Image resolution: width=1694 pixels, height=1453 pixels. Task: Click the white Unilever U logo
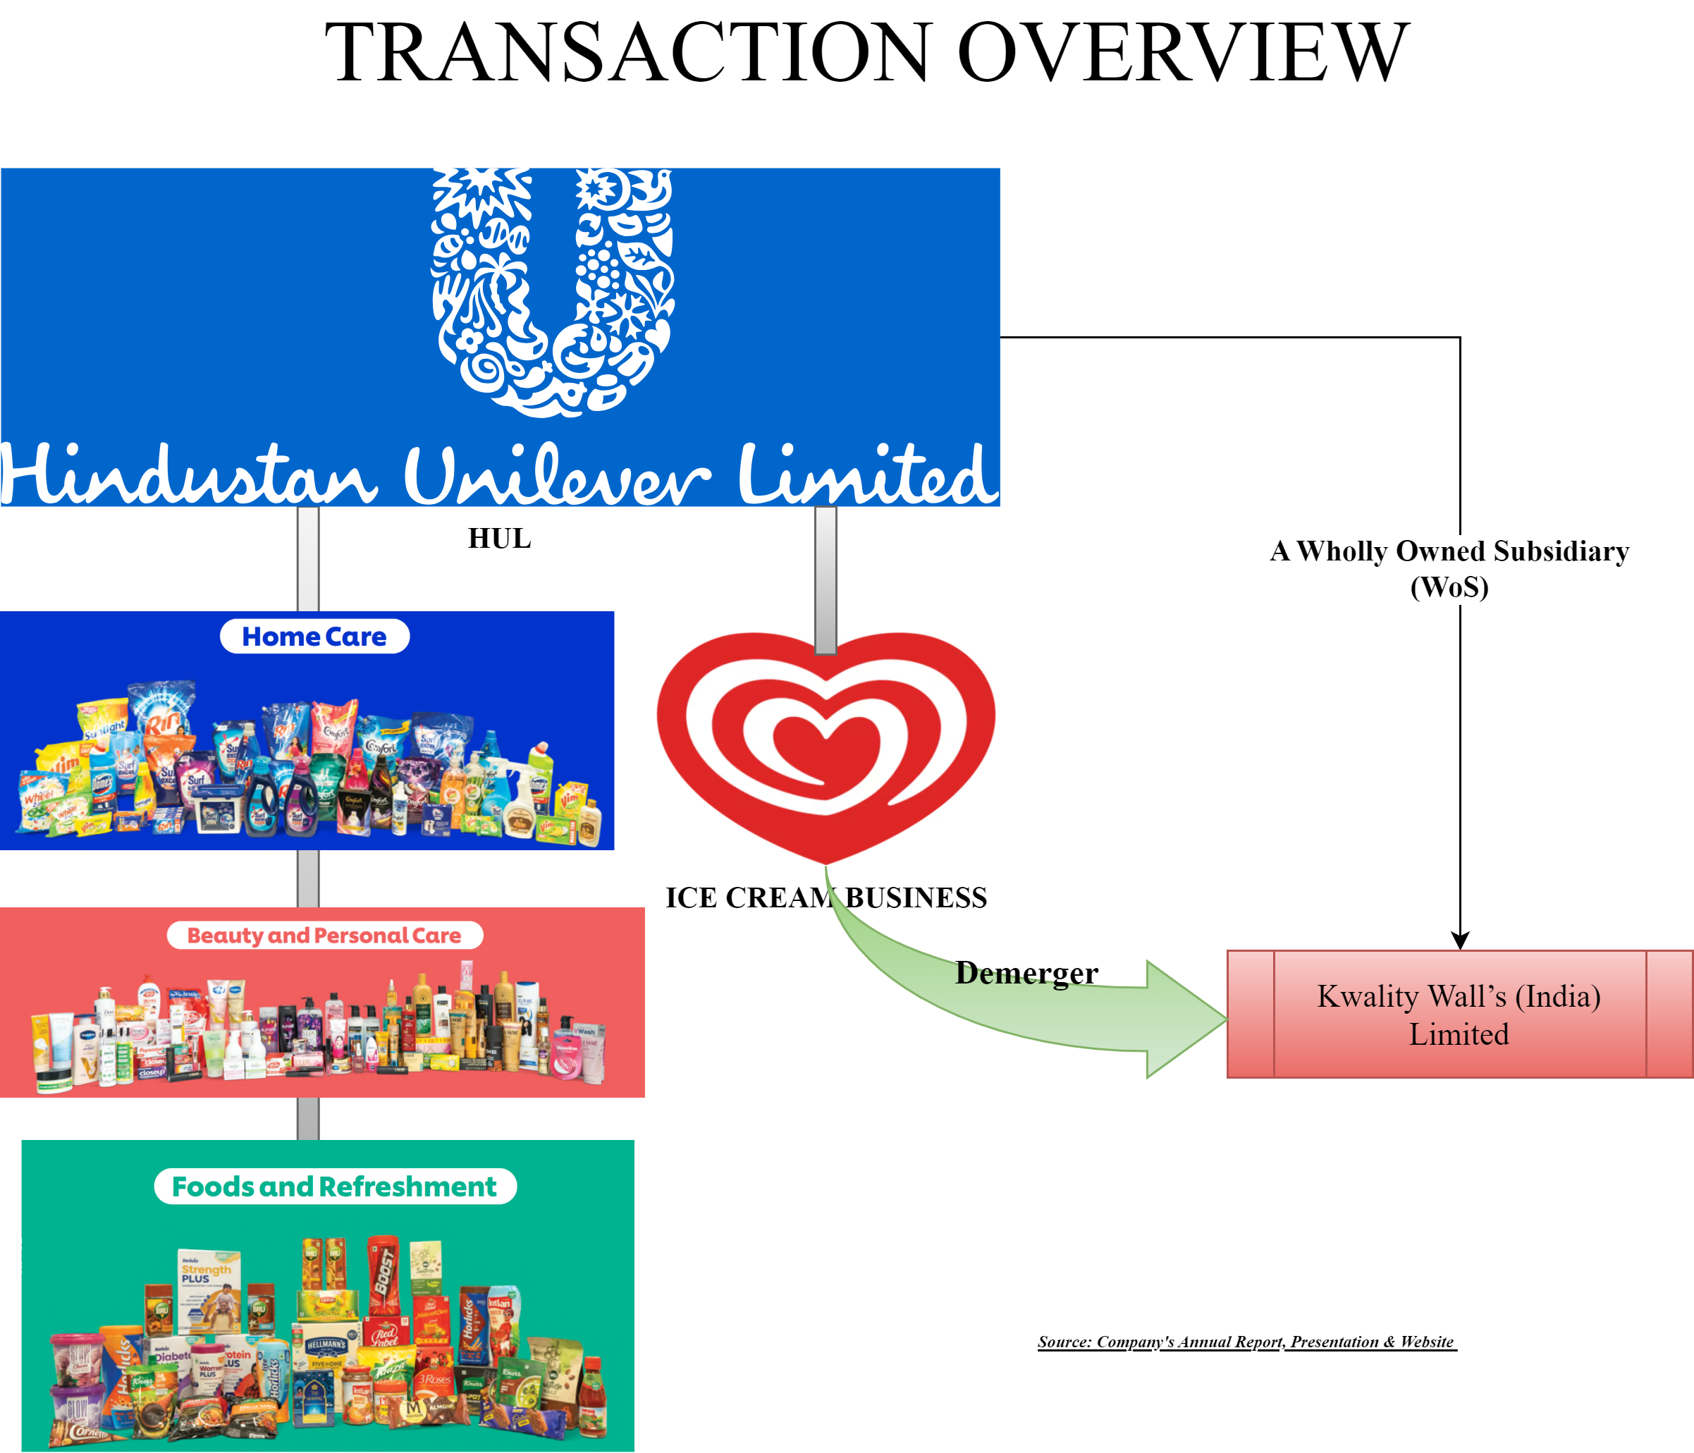553,290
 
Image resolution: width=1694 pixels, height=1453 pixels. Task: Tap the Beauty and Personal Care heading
324,936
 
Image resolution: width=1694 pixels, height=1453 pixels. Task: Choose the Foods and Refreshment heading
334,1187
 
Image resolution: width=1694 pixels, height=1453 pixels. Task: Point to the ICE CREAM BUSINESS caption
825,897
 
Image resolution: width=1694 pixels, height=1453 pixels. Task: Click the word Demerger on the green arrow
1026,973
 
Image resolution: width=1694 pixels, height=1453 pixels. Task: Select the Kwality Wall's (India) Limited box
1459,1014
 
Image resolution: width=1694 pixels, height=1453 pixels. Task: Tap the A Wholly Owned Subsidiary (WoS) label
1449,568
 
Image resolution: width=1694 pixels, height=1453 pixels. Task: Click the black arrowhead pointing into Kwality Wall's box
1460,940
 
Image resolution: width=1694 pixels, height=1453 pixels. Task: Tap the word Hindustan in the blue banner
188,476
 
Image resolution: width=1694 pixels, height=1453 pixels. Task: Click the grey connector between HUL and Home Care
308,558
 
